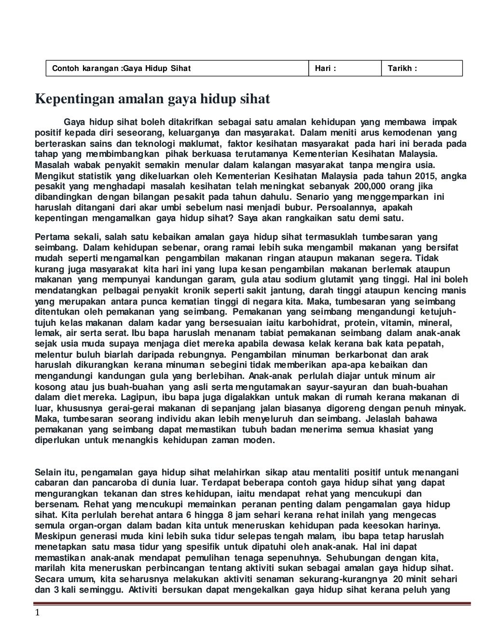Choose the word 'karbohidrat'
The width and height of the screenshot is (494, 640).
tap(314, 322)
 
